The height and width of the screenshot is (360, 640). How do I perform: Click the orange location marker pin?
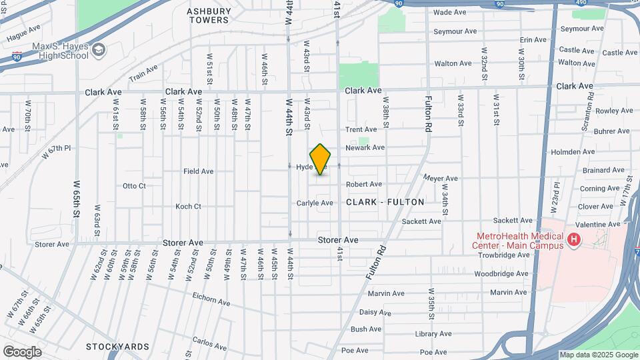[321, 159]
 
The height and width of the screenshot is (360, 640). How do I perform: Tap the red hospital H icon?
[573, 240]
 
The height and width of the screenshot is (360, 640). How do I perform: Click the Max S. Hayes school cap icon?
[99, 49]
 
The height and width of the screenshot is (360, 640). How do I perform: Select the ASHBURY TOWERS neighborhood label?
[209, 15]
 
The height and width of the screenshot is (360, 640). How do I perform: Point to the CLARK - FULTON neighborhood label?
[385, 201]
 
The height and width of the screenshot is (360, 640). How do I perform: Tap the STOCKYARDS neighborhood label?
[117, 347]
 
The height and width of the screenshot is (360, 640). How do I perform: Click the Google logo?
[22, 351]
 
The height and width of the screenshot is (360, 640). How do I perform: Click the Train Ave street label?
[143, 73]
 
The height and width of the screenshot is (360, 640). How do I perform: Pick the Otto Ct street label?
[134, 186]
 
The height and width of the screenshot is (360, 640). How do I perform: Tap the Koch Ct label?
[188, 207]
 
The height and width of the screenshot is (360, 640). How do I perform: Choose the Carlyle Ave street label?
[315, 203]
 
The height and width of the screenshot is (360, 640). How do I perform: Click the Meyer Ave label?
[441, 179]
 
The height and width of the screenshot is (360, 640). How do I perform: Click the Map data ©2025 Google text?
[597, 355]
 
